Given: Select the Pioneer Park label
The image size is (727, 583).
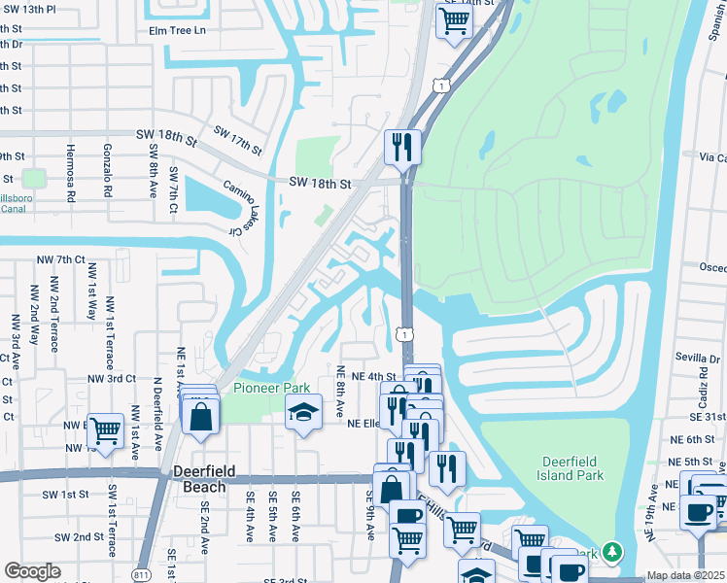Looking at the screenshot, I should pyautogui.click(x=271, y=388).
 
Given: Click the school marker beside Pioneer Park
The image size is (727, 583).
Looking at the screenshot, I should pyautogui.click(x=303, y=414).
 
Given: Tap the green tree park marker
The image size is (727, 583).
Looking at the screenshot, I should pyautogui.click(x=611, y=552).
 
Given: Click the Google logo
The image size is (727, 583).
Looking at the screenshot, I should pyautogui.click(x=32, y=571).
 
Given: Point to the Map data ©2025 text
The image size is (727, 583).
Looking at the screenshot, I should pyautogui.click(x=685, y=575).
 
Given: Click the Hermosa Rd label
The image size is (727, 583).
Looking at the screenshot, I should pyautogui.click(x=70, y=173).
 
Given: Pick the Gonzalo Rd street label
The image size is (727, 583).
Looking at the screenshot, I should pyautogui.click(x=107, y=173).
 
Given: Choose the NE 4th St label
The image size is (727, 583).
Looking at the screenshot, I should pyautogui.click(x=377, y=377).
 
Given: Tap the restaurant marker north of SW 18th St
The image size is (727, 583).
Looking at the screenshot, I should pyautogui.click(x=402, y=148).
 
